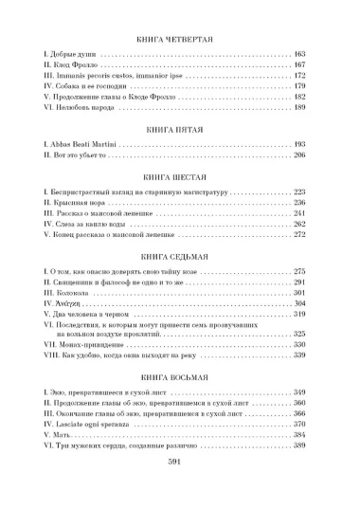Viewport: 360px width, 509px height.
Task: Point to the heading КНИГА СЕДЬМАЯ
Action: point(179,256)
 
